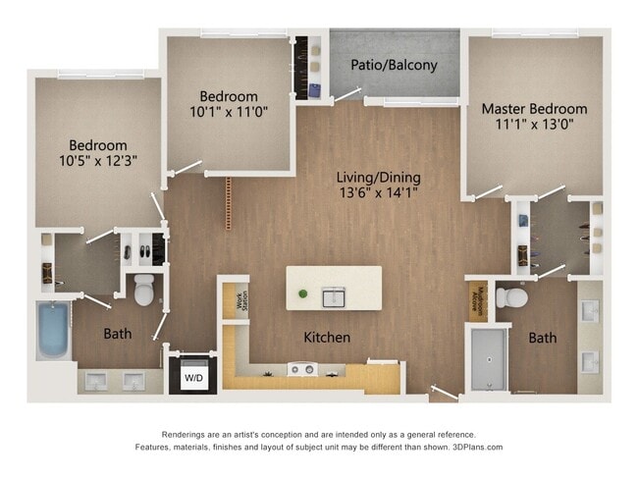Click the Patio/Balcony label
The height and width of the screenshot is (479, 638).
[394, 66]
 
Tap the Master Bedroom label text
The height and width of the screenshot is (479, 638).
[534, 109]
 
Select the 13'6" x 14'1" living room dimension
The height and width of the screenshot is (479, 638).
[378, 193]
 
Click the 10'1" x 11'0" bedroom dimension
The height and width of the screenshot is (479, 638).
[229, 113]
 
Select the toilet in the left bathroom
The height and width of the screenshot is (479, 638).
[143, 290]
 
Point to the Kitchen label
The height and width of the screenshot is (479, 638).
[327, 338]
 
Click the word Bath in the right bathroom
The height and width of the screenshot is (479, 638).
[543, 338]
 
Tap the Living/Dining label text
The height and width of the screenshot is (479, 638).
[378, 178]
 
